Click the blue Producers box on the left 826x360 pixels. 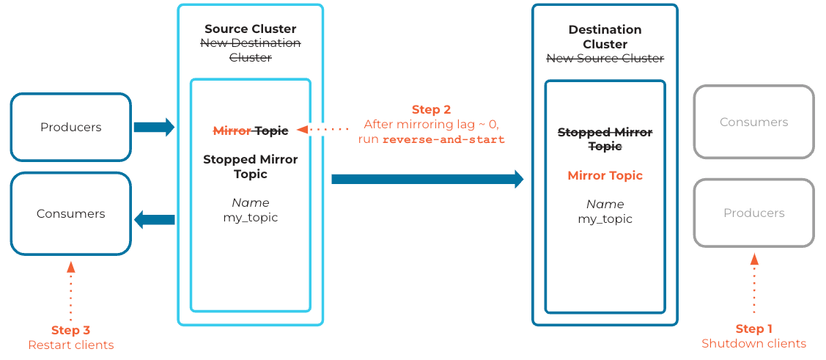pyautogui.click(x=70, y=127)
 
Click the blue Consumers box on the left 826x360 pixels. pyautogui.click(x=70, y=213)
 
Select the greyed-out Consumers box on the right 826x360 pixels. pyautogui.click(x=753, y=122)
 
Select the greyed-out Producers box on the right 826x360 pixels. pyautogui.click(x=753, y=213)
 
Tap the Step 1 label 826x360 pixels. pyautogui.click(x=753, y=328)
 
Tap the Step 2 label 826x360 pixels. pyautogui.click(x=431, y=110)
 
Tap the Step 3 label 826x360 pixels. pyautogui.click(x=70, y=330)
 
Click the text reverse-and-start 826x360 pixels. pyautogui.click(x=443, y=139)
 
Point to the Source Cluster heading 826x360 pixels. pyautogui.click(x=250, y=29)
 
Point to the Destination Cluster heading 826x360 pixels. pyautogui.click(x=605, y=37)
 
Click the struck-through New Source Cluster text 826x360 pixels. pyautogui.click(x=605, y=59)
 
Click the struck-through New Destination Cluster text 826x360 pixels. pyautogui.click(x=250, y=50)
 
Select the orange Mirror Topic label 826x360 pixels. pyautogui.click(x=605, y=176)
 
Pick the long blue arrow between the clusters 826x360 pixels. pyautogui.click(x=427, y=179)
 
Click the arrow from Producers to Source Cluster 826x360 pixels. pyautogui.click(x=154, y=127)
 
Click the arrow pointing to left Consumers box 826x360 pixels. pyautogui.click(x=154, y=218)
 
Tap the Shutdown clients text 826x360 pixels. pyautogui.click(x=753, y=344)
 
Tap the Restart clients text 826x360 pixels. pyautogui.click(x=70, y=345)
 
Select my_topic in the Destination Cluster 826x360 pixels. pyautogui.click(x=605, y=218)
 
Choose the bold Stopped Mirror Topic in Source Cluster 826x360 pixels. pyautogui.click(x=250, y=166)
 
